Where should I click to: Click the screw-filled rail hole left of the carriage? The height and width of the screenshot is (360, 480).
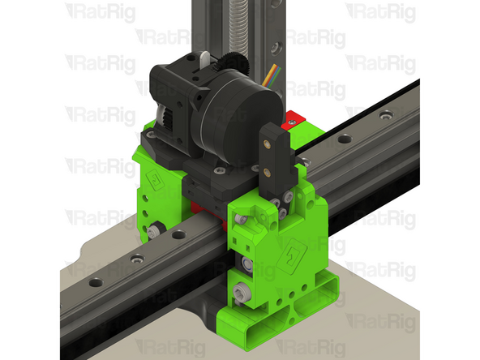[137, 259]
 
